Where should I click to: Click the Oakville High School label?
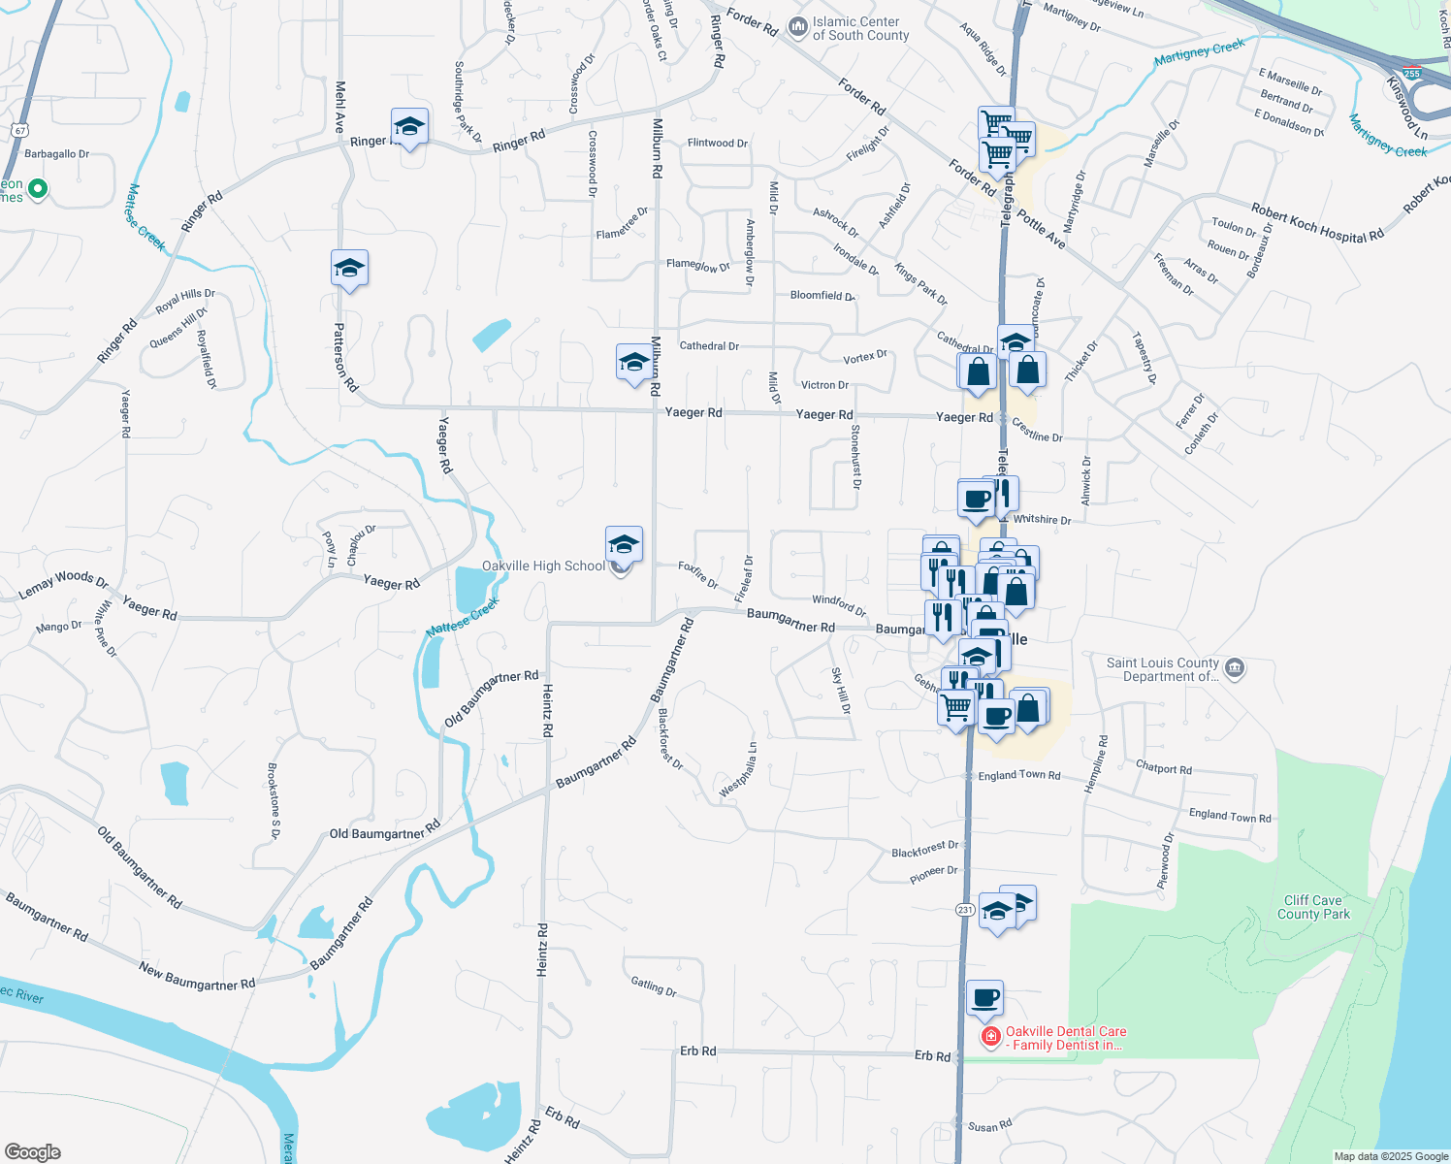click(x=543, y=566)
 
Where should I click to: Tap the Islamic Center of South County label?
click(x=860, y=28)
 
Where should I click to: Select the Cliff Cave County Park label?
click(x=1313, y=907)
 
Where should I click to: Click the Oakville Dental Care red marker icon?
click(x=990, y=1038)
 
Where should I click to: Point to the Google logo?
click(x=32, y=1152)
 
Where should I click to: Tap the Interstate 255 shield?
click(x=1411, y=73)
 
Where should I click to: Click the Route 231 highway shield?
click(x=965, y=910)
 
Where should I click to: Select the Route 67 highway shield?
click(x=20, y=130)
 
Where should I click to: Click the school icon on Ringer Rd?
click(x=409, y=126)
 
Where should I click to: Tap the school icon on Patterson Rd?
click(x=349, y=268)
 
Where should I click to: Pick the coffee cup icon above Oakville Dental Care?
click(x=984, y=997)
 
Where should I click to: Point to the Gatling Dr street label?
click(x=654, y=987)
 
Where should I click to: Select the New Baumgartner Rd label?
click(x=197, y=976)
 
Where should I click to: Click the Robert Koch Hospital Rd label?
click(x=1316, y=224)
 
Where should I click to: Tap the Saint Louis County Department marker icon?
click(x=1235, y=667)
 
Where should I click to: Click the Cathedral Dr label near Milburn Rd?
click(x=709, y=346)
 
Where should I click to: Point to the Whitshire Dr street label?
click(x=1042, y=520)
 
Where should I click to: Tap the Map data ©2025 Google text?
click(x=1391, y=1156)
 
